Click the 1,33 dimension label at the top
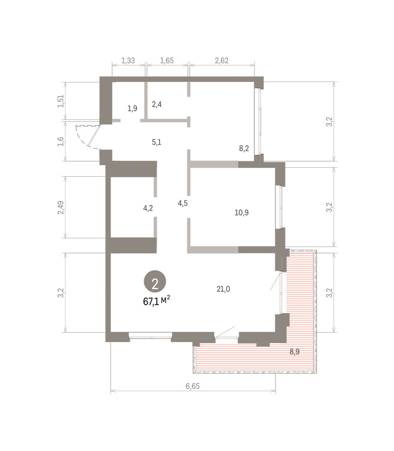(128, 61)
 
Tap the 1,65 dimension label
(167, 61)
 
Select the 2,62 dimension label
(221, 61)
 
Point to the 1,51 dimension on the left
(61, 101)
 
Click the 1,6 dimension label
(61, 142)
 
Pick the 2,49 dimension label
(61, 207)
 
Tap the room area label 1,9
(132, 109)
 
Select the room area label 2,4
(157, 104)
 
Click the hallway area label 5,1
(156, 142)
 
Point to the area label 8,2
(244, 148)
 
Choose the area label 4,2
(148, 208)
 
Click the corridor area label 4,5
(183, 203)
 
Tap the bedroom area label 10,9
(242, 212)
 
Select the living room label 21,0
(223, 289)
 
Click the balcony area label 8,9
(295, 352)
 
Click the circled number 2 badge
(155, 281)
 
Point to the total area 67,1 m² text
(156, 301)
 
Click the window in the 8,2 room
(258, 121)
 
